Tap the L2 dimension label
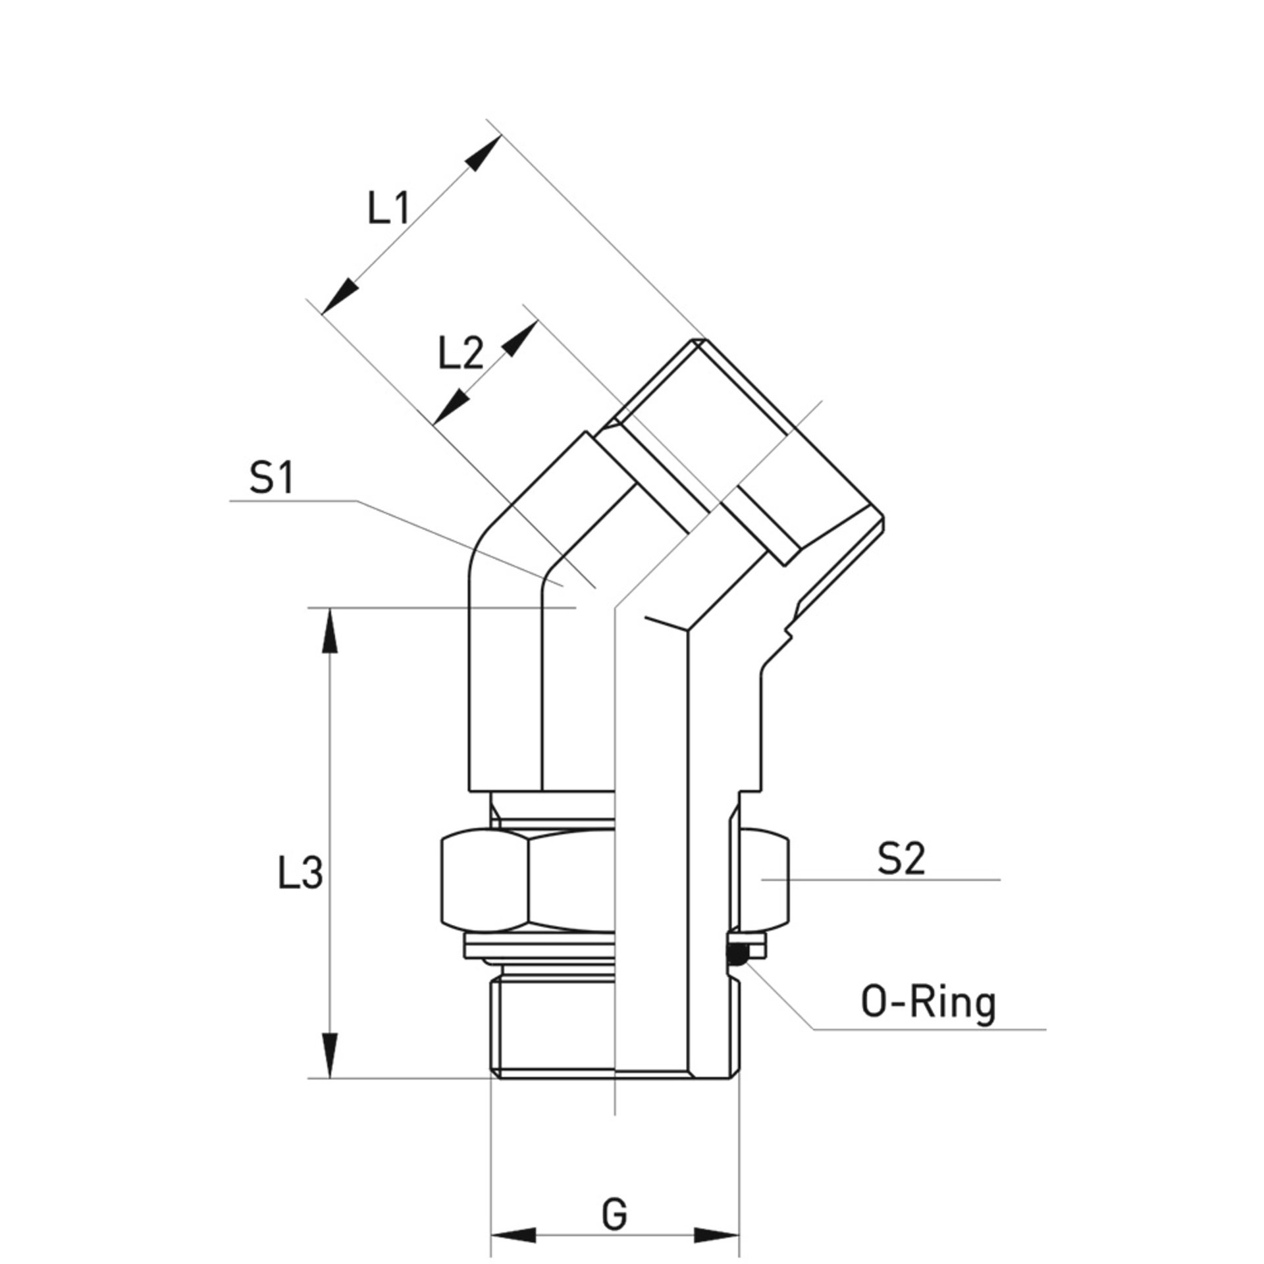click(461, 356)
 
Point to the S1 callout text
click(271, 479)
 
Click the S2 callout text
click(901, 859)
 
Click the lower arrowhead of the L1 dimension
click(340, 296)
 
